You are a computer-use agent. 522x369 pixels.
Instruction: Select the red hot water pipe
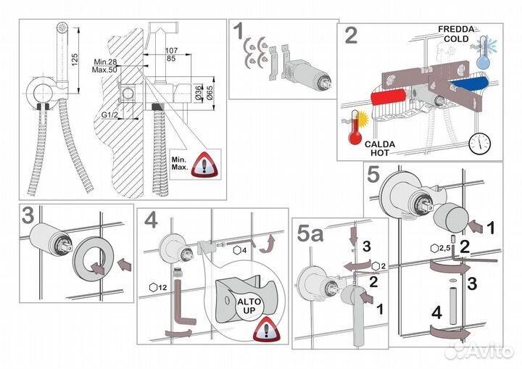pos(391,98)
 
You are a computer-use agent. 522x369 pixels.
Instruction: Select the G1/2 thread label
pos(111,115)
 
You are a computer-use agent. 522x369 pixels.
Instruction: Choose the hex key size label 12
pos(162,286)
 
